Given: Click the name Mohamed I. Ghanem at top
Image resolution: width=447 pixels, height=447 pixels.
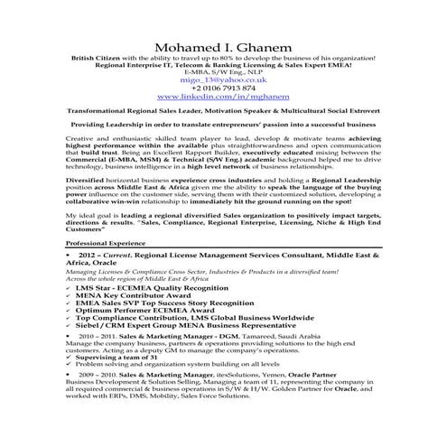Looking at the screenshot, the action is [223, 46].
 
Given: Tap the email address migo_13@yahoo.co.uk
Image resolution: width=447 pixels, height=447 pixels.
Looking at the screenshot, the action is [222, 79].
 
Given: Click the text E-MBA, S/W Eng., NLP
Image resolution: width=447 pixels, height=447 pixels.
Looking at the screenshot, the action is [223, 71].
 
